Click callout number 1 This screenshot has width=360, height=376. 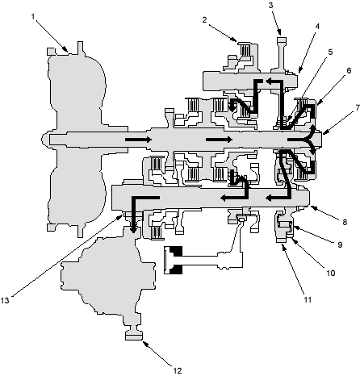(x=33, y=17)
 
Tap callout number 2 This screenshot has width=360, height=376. (x=205, y=20)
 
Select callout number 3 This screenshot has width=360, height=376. (x=270, y=6)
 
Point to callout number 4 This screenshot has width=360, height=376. (x=317, y=27)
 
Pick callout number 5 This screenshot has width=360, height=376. (x=331, y=52)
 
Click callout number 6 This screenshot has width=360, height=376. (x=349, y=70)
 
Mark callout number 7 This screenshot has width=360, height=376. (x=358, y=108)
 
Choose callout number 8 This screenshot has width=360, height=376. (x=345, y=222)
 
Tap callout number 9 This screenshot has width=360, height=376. (x=340, y=244)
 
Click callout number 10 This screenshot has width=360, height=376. (x=331, y=273)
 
